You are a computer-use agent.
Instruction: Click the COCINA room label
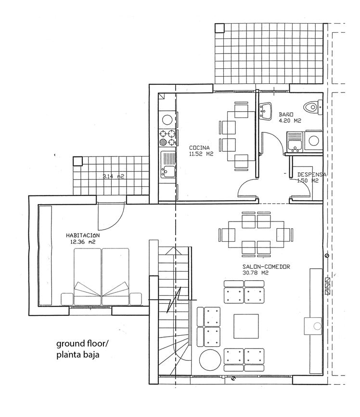click(x=199, y=148)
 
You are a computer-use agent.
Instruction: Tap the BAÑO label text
click(x=286, y=115)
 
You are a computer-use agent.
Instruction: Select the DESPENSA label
click(x=312, y=175)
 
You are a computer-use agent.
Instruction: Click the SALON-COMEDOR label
click(x=266, y=266)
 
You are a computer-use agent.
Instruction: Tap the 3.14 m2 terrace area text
click(x=114, y=176)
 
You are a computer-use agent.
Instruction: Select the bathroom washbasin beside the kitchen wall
click(x=265, y=111)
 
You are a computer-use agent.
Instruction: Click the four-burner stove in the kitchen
click(x=167, y=138)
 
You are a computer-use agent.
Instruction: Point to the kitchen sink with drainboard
click(x=167, y=165)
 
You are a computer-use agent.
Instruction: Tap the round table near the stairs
click(x=210, y=360)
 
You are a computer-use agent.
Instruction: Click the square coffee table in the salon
click(x=246, y=326)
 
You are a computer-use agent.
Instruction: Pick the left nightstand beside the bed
click(x=67, y=299)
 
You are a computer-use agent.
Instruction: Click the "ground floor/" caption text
click(x=82, y=344)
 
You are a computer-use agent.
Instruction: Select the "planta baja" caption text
click(x=77, y=355)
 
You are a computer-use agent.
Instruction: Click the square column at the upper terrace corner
click(x=219, y=28)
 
